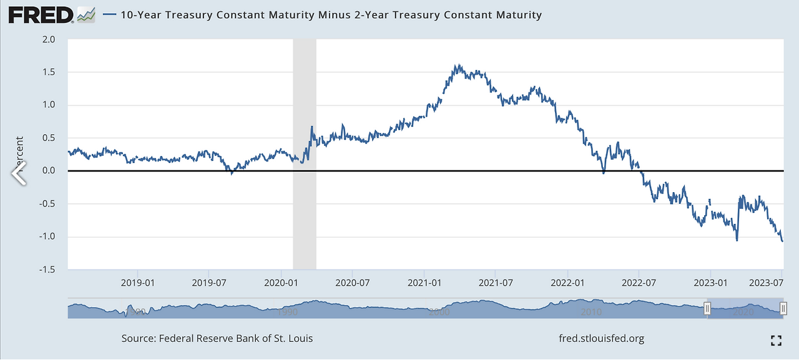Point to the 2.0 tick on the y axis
[48, 39]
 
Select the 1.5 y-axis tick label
[48, 72]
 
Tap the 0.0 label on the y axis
[48, 171]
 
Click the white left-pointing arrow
[19, 173]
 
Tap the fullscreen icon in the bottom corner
[776, 340]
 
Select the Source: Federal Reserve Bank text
[217, 339]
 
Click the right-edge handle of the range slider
[783, 308]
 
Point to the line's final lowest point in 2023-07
[783, 241]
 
